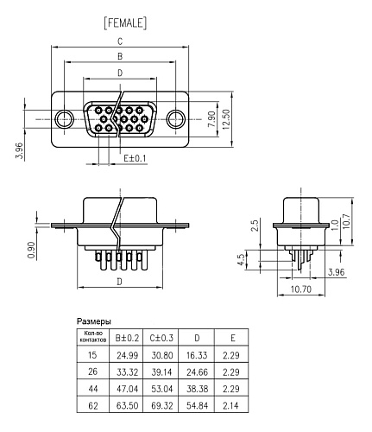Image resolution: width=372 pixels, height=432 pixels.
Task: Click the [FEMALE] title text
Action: [x=125, y=23]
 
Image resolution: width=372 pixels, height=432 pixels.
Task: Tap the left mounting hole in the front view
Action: [x=65, y=119]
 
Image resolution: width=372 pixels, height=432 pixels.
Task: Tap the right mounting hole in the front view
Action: [x=176, y=119]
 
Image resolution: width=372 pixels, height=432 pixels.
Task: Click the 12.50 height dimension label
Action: [x=226, y=119]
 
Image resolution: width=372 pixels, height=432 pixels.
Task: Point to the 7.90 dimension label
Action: [x=211, y=119]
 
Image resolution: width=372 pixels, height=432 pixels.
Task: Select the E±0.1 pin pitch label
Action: [x=135, y=158]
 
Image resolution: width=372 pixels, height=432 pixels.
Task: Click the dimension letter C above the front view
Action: [x=120, y=41]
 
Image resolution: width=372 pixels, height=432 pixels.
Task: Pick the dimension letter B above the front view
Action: [x=120, y=56]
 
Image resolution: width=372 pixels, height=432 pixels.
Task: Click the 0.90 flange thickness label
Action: [x=31, y=250]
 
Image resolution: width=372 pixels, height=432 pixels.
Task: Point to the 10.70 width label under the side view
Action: [x=301, y=289]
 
